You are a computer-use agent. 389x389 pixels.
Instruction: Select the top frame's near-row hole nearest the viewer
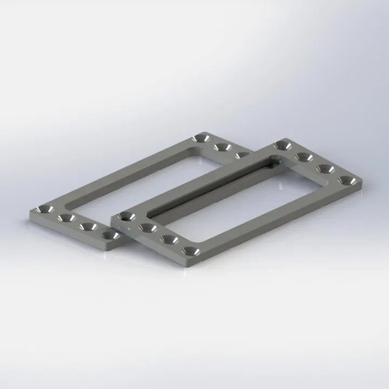(x=189, y=251)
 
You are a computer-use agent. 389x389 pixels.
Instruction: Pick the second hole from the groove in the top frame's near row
(x=147, y=228)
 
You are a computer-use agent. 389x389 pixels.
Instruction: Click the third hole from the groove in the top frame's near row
(x=169, y=239)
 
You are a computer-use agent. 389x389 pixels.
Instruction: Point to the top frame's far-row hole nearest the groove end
(x=283, y=145)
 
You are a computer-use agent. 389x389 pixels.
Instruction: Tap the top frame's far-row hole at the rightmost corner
(x=346, y=179)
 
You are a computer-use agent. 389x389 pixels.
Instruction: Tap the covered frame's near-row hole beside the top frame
(x=110, y=236)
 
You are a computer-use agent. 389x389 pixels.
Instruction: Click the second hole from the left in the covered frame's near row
(x=66, y=218)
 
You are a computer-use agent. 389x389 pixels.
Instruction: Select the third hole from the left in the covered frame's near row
(x=89, y=226)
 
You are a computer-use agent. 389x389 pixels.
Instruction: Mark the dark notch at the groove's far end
(x=276, y=160)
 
